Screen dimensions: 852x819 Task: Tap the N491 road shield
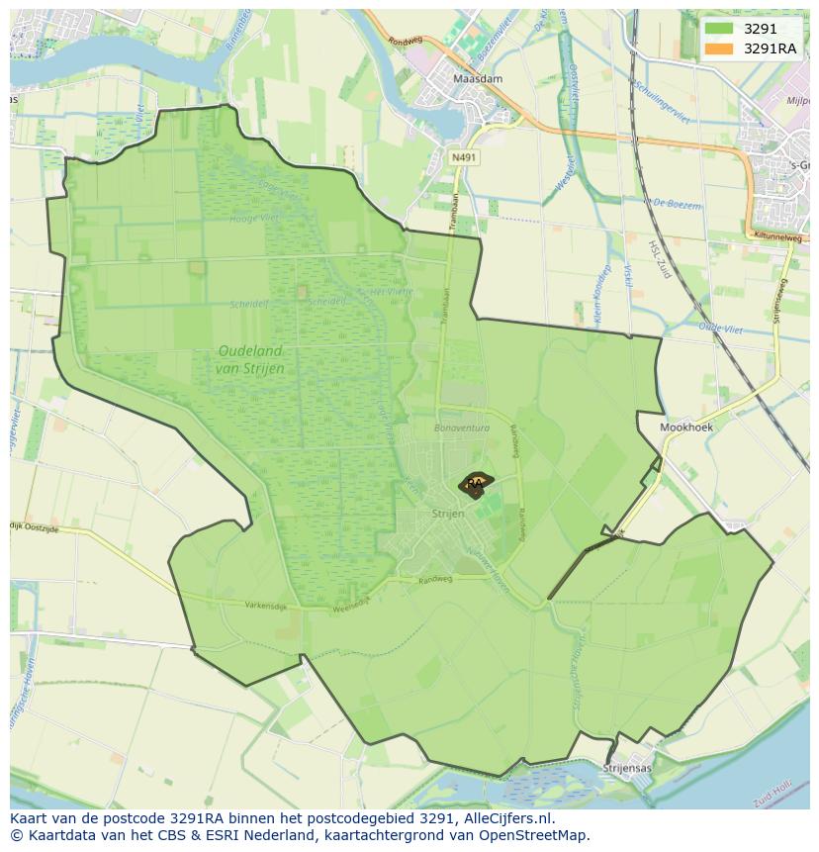pos(462,156)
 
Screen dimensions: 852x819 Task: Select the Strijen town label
pos(448,514)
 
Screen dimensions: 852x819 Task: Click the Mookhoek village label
pos(686,427)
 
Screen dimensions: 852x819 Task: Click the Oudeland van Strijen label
pos(249,359)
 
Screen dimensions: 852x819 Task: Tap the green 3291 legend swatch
pos(719,29)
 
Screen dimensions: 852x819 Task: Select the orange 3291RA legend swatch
pos(719,48)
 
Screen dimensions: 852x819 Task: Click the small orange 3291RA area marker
pos(476,484)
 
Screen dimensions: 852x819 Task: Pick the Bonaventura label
pos(462,428)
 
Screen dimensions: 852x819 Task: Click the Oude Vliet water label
pos(720,326)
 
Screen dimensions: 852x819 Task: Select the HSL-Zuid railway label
pos(659,259)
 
